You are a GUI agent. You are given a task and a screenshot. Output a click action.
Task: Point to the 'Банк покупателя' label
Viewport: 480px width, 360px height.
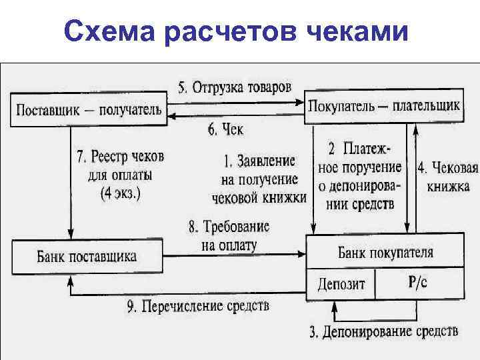(x=385, y=253)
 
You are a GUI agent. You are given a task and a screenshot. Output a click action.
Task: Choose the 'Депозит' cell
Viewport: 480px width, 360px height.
(x=341, y=284)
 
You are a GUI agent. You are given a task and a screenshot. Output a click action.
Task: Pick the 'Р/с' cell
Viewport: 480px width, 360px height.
(x=418, y=283)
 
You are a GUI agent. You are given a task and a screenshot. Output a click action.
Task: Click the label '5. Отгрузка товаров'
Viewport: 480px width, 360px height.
(x=234, y=87)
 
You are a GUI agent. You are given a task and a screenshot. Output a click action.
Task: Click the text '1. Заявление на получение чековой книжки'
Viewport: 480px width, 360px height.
(x=259, y=179)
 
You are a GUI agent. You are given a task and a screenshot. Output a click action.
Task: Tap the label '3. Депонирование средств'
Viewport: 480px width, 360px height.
(x=383, y=331)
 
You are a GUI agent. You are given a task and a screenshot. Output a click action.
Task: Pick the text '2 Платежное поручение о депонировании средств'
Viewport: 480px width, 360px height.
(x=364, y=174)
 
